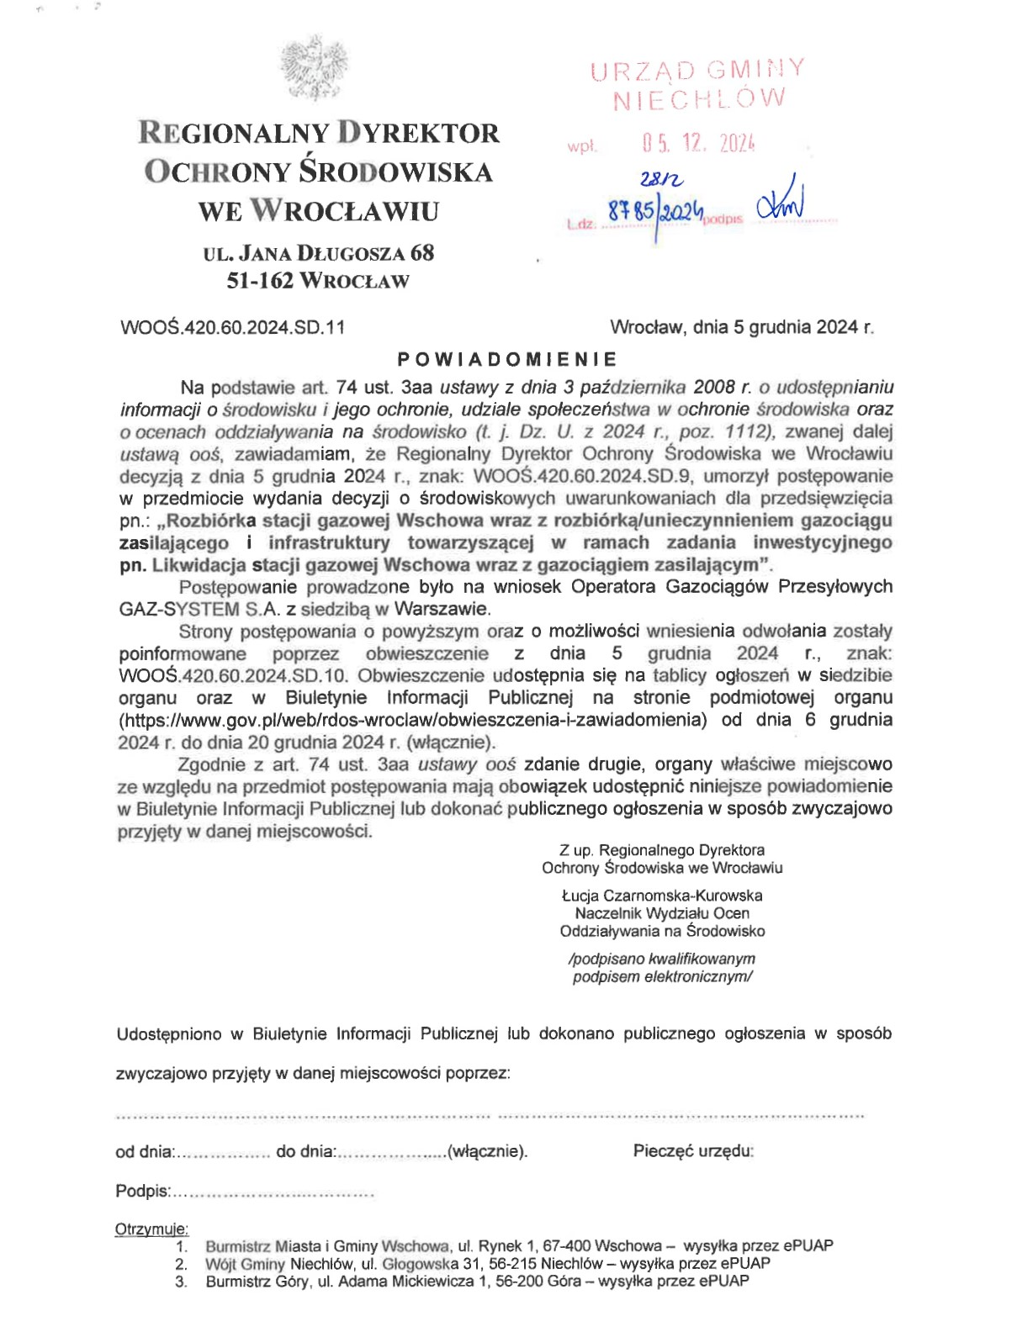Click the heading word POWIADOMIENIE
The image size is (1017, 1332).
tap(507, 359)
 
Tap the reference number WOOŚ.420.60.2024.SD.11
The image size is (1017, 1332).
tap(232, 327)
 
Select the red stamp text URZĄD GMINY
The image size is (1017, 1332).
tap(697, 70)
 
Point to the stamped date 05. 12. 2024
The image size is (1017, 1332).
tap(698, 143)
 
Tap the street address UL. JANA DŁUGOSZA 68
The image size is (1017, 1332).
tap(319, 253)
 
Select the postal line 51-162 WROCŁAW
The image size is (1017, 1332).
tap(318, 281)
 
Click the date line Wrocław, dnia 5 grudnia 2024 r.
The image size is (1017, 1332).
tap(741, 327)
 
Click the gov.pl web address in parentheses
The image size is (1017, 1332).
tap(412, 720)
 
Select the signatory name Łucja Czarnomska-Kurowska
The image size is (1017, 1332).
tap(662, 896)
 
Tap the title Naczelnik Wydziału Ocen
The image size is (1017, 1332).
tap(662, 913)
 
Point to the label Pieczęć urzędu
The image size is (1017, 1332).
tap(692, 1150)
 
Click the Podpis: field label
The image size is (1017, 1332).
tap(143, 1191)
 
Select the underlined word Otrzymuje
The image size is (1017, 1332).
tap(151, 1229)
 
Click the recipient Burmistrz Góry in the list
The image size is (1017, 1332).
tap(258, 1282)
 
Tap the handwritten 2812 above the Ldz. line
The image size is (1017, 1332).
tap(661, 179)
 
